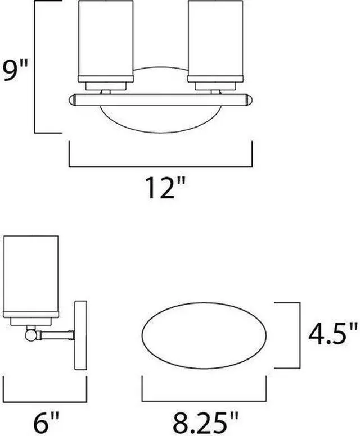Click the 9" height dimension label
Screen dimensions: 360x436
[x=16, y=71]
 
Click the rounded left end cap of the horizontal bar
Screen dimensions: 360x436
[x=72, y=100]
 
